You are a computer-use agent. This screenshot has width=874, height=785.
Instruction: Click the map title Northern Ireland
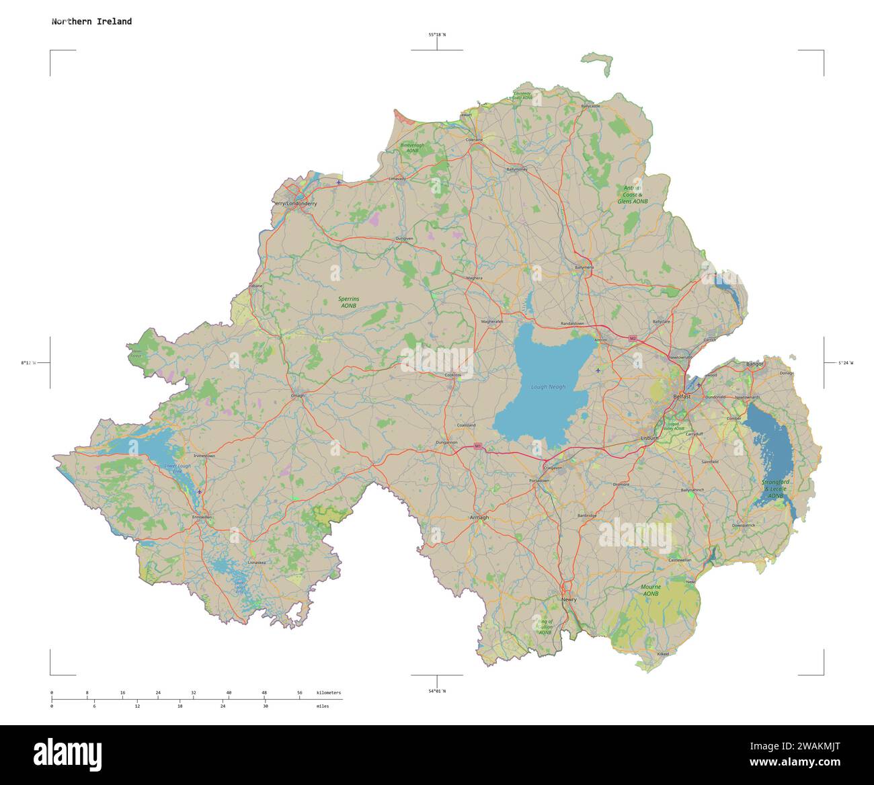click(x=91, y=22)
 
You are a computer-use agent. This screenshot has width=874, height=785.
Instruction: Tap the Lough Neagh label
click(x=548, y=387)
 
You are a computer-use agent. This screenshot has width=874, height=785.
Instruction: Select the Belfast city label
click(x=682, y=397)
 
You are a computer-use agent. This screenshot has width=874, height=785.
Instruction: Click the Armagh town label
click(x=479, y=518)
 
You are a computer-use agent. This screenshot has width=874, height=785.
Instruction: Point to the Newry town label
click(x=569, y=600)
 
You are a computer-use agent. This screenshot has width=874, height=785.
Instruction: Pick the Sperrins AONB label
click(x=348, y=302)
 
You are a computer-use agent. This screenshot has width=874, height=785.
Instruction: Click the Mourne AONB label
click(x=650, y=590)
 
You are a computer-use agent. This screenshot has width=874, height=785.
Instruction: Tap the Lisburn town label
click(x=649, y=438)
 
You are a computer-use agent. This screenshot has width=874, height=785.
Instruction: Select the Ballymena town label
click(x=584, y=267)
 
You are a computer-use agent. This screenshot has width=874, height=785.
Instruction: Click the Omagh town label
click(x=297, y=396)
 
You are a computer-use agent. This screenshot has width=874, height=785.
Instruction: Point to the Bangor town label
click(x=755, y=364)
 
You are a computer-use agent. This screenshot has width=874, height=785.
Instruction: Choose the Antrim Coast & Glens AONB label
click(x=632, y=195)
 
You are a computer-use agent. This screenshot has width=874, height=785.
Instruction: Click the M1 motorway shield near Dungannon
click(x=478, y=446)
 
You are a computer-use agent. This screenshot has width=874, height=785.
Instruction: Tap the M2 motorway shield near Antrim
click(x=632, y=337)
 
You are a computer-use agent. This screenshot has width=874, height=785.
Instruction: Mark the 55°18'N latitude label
click(x=437, y=34)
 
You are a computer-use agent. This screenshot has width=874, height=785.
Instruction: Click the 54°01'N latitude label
click(x=437, y=691)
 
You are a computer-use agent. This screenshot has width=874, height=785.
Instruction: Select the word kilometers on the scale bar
click(x=328, y=692)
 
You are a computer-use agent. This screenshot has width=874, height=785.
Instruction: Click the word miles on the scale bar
click(x=323, y=706)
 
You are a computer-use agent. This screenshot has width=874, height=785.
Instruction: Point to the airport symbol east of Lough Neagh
click(x=598, y=370)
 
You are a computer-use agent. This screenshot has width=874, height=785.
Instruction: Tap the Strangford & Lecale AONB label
click(x=775, y=489)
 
